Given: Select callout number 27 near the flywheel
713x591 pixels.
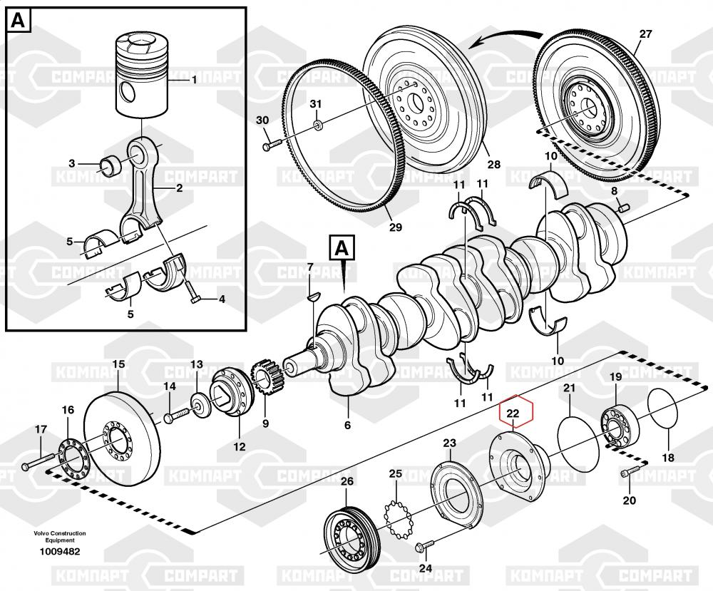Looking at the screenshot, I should click(645, 34).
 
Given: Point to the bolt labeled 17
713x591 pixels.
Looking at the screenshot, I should click(40, 463).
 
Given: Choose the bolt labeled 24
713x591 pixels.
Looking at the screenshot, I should click(421, 546).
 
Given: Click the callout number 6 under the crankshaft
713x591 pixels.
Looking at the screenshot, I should click(348, 425).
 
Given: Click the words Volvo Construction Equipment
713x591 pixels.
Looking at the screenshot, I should click(59, 537).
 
